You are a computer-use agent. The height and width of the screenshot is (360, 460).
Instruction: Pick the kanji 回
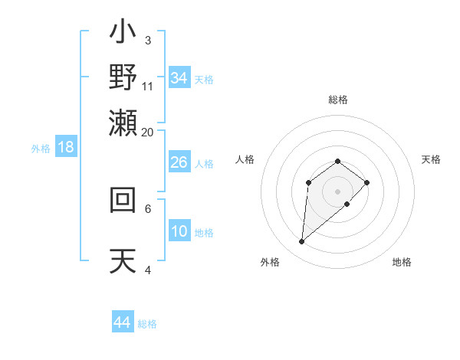[x=123, y=200]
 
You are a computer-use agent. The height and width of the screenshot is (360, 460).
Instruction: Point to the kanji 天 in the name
[x=123, y=260]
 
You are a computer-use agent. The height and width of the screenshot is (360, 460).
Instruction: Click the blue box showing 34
[x=179, y=78]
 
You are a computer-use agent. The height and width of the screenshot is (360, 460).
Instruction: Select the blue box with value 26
[x=179, y=162]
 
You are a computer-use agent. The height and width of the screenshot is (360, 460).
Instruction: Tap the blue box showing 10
[x=179, y=232]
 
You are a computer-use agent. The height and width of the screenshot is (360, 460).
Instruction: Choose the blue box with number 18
[x=66, y=148]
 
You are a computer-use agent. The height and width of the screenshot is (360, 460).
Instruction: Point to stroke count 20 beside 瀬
[x=148, y=132]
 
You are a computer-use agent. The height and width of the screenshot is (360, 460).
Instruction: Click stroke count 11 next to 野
[x=148, y=86]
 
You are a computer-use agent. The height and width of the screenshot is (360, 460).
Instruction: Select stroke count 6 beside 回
[x=148, y=208]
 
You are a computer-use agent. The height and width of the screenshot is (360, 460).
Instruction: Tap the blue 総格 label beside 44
[x=147, y=324]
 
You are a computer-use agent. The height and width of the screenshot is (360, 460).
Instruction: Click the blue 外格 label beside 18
[x=41, y=149]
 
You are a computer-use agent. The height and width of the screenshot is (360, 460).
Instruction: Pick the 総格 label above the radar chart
[x=338, y=100]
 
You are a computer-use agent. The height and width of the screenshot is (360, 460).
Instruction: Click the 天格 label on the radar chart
[x=431, y=159]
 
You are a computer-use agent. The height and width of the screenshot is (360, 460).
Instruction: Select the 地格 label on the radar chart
[x=402, y=262]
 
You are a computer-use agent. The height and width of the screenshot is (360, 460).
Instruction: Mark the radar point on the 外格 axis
[x=302, y=242]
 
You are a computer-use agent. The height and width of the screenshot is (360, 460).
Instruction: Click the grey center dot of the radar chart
[x=338, y=191]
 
